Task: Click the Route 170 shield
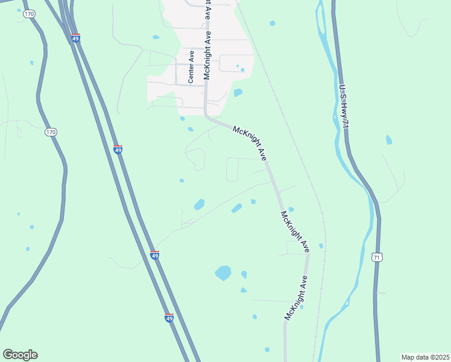point(51,132)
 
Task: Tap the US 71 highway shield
point(377,257)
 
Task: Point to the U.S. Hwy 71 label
point(344,106)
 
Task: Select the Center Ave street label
point(191,66)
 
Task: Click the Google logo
point(20,355)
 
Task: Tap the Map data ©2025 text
point(425,357)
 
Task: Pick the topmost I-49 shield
point(75,39)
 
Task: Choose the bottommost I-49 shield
point(169,317)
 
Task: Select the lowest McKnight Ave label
point(297,297)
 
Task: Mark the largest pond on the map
point(223,273)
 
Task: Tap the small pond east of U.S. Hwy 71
point(389,140)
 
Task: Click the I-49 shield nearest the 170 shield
point(118,148)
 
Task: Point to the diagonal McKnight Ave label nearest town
point(250,142)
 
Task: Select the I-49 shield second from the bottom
point(155,255)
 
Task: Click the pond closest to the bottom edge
point(267,349)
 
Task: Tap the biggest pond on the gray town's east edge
point(238,93)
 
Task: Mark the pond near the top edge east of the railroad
point(273,23)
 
